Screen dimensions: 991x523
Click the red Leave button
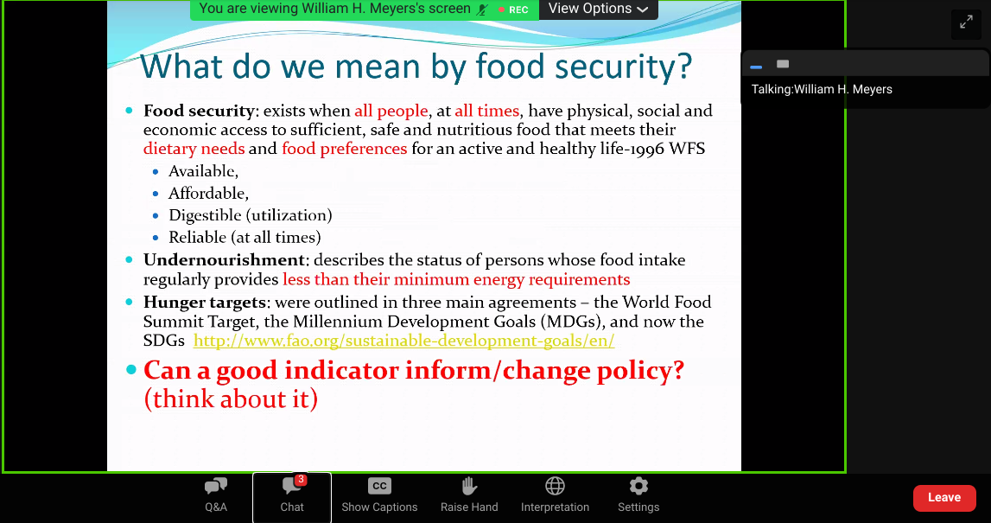[944, 498]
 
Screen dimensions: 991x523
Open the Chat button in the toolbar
[292, 497]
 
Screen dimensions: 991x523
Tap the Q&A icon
[215, 487]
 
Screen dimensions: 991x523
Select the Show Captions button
[379, 497]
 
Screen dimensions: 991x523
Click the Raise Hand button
[469, 497]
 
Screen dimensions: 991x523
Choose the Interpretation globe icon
[555, 486]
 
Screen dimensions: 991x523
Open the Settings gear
[638, 486]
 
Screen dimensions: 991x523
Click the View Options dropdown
[598, 9]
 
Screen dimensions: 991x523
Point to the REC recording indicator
[513, 10]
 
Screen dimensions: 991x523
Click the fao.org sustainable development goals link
[403, 341]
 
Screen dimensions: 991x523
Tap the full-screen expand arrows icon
[966, 22]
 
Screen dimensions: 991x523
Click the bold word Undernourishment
[225, 260]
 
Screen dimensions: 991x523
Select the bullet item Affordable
[208, 193]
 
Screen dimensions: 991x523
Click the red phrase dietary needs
[194, 149]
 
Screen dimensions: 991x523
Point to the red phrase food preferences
[345, 149]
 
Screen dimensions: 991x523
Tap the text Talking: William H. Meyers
[822, 89]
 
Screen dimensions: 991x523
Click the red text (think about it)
[232, 399]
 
